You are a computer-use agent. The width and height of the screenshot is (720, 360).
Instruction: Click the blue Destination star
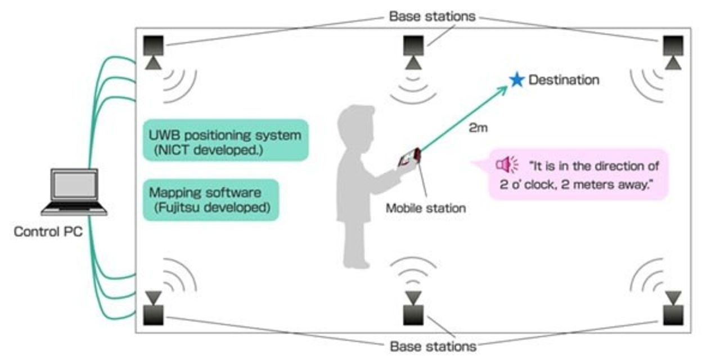tap(516, 79)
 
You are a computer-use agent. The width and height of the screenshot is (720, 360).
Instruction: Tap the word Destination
tap(564, 80)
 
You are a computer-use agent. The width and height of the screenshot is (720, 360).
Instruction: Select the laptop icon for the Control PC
tap(75, 192)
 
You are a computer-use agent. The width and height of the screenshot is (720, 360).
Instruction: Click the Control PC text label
tap(49, 232)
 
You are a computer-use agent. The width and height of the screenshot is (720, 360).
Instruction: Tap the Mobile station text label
tap(425, 208)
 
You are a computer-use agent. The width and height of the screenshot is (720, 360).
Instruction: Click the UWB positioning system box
tap(225, 140)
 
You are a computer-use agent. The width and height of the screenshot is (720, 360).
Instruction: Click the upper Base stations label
tap(432, 16)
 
